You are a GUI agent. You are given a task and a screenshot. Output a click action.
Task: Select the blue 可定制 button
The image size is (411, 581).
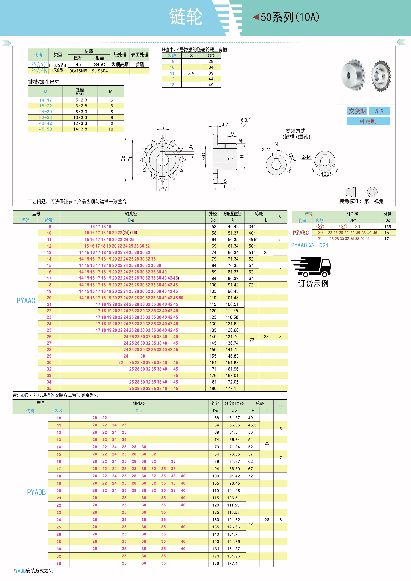(x=368, y=121)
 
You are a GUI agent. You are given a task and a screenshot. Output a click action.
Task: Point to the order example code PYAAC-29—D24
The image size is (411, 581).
(x=309, y=245)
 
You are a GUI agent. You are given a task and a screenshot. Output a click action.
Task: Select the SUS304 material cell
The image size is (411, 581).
(x=99, y=71)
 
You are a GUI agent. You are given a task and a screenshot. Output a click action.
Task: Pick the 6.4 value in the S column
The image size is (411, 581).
(x=191, y=73)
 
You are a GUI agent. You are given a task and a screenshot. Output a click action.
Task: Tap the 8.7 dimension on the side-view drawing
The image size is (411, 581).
(x=225, y=124)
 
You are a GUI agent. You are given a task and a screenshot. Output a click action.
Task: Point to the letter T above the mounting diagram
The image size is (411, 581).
(x=325, y=143)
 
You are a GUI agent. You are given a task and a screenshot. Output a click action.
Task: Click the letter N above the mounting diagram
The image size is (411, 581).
(x=276, y=144)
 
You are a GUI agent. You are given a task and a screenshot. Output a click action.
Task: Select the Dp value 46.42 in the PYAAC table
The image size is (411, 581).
(x=233, y=226)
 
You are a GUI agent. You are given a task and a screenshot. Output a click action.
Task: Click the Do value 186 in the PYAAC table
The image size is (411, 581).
(x=213, y=388)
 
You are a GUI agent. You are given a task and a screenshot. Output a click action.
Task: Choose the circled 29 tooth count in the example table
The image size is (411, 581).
(x=320, y=226)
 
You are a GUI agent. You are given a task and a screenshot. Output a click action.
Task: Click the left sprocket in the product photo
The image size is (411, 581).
(x=352, y=75)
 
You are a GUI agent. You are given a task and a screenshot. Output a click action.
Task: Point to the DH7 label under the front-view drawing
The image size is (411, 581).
(x=163, y=187)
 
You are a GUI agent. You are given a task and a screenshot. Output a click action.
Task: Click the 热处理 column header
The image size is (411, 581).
(x=120, y=54)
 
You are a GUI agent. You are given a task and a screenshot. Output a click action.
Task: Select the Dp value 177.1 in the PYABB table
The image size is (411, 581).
(x=232, y=563)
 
